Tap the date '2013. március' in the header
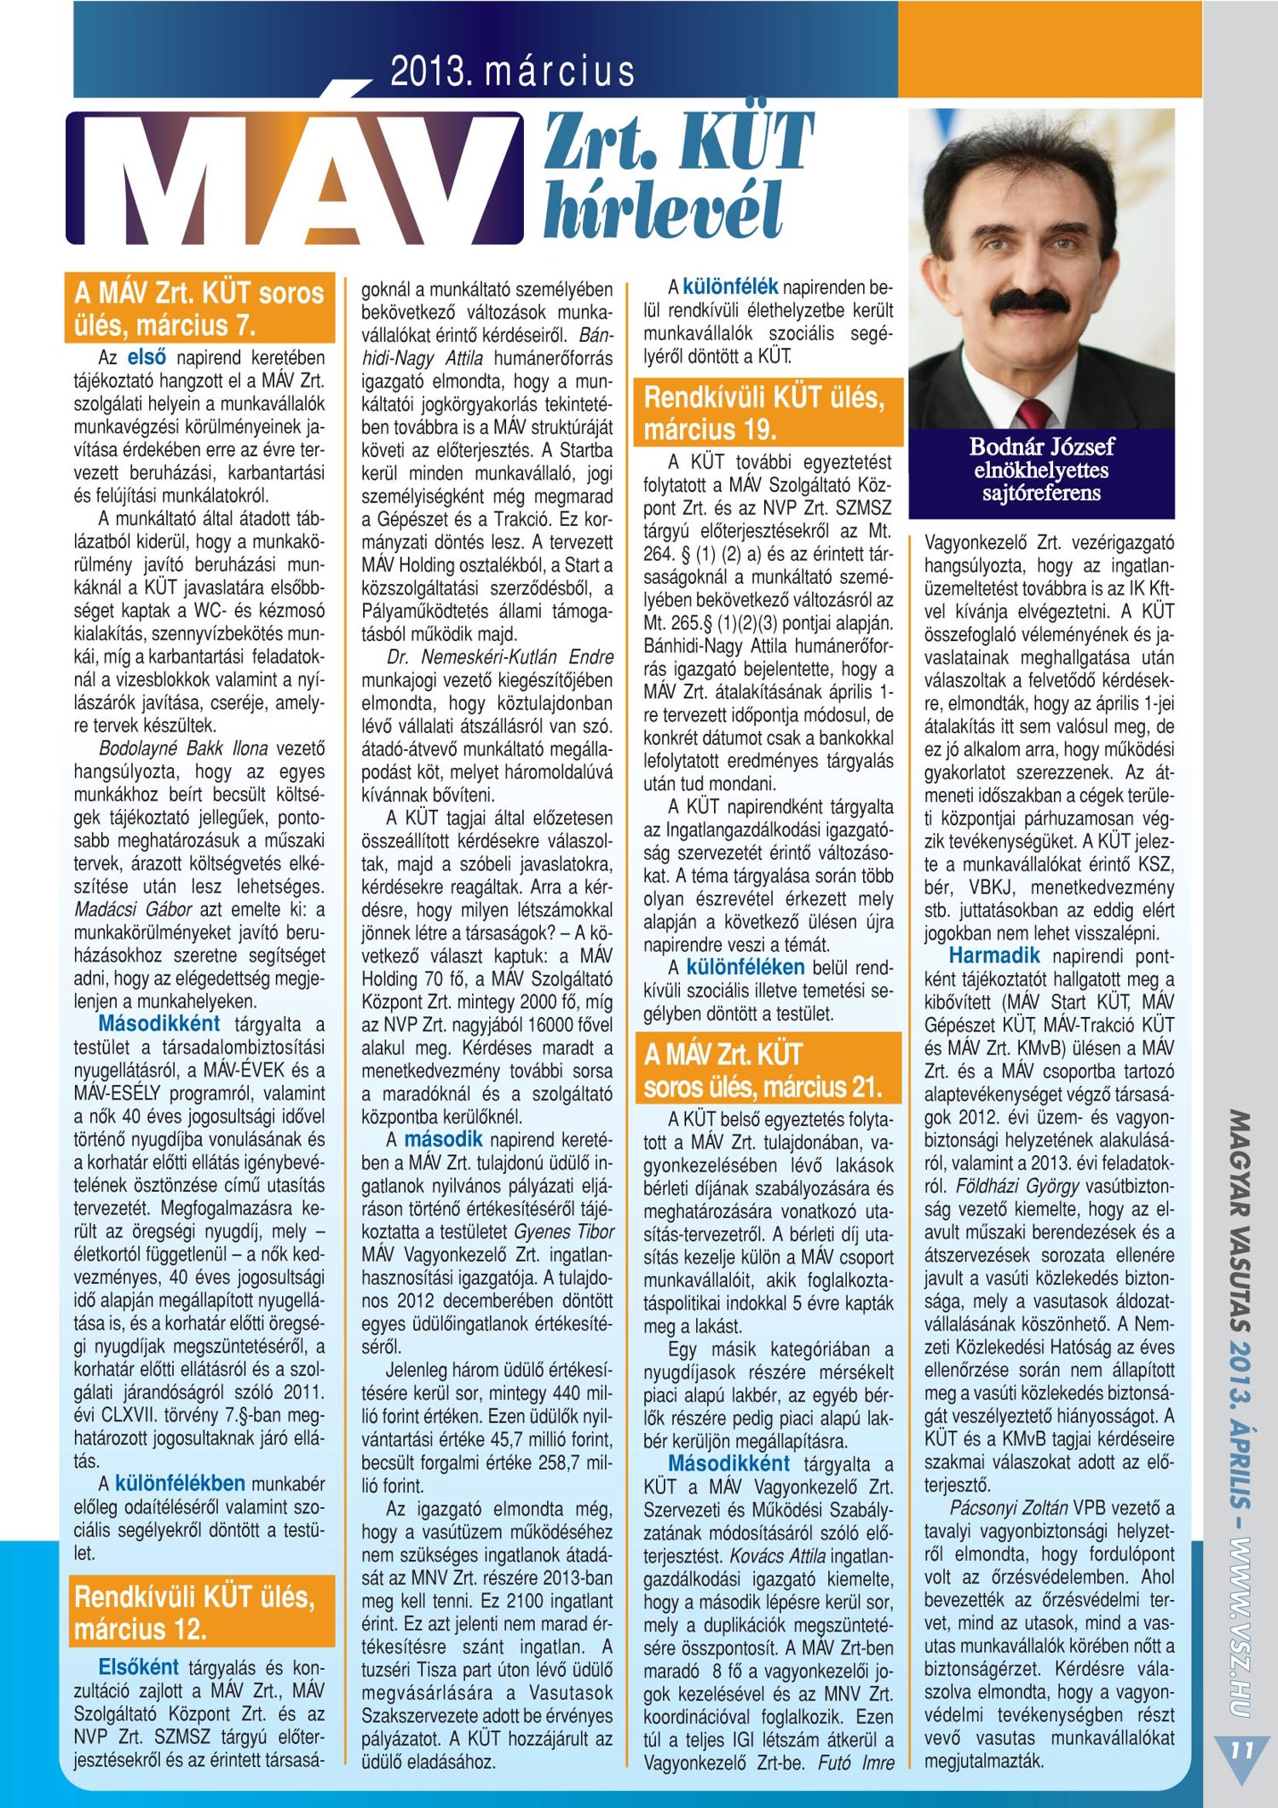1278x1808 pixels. pyautogui.click(x=512, y=72)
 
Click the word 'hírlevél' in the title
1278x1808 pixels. pyautogui.click(x=662, y=210)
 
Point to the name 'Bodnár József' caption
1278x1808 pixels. pyautogui.click(x=1041, y=447)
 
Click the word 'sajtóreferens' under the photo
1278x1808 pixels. pyautogui.click(x=1041, y=494)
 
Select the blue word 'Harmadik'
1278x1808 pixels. pyautogui.click(x=994, y=956)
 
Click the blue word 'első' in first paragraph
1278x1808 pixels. pyautogui.click(x=147, y=357)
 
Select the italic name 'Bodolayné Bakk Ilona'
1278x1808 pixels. pyautogui.click(x=183, y=748)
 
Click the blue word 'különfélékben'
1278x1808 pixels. pyautogui.click(x=180, y=1483)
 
